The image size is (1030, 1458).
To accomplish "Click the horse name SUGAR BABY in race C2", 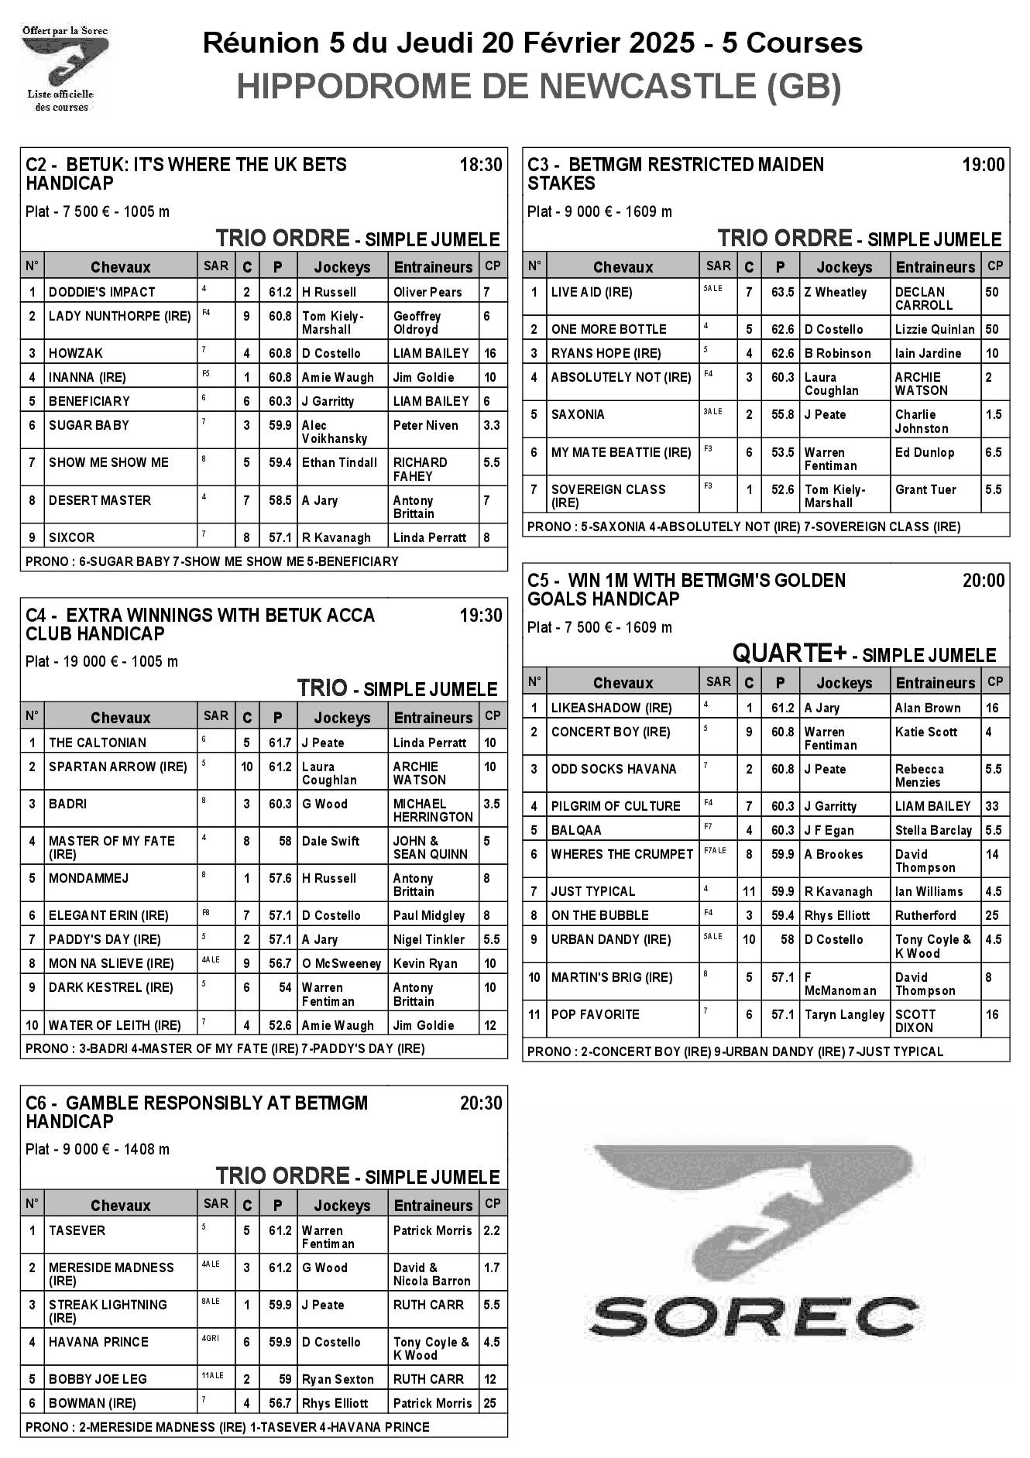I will (89, 425).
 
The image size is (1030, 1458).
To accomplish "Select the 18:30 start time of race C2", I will (480, 165).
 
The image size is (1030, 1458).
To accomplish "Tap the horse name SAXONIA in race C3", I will (577, 414).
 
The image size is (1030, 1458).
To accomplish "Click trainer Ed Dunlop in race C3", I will (925, 452).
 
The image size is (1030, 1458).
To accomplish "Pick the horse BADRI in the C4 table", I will (67, 804).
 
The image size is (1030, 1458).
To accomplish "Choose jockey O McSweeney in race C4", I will (342, 963).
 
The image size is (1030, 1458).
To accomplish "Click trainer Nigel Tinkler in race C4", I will (429, 939).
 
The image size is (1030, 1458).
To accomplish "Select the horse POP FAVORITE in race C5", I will (595, 1014).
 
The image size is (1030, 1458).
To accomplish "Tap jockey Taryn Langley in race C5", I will (844, 1014).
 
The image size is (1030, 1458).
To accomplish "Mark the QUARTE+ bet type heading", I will (788, 654).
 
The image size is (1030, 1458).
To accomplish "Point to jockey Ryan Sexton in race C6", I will (338, 1379).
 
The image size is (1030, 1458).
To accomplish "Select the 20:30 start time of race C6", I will (480, 1103).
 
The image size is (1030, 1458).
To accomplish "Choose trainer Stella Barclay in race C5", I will (933, 830).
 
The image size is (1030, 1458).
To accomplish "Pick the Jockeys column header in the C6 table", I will (342, 1206).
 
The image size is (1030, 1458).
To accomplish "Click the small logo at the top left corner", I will (64, 68).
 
